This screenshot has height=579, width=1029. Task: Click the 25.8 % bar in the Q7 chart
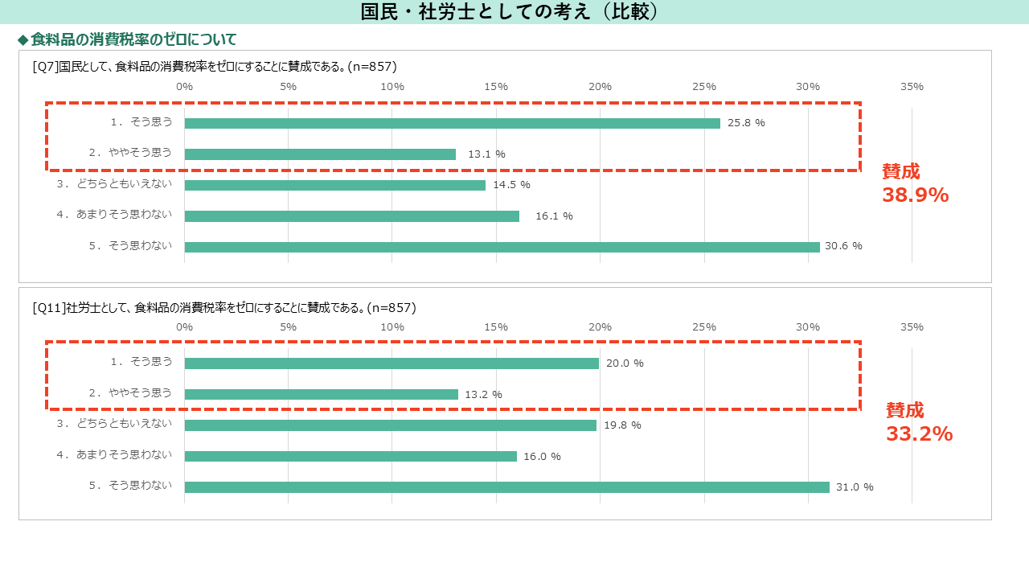453,123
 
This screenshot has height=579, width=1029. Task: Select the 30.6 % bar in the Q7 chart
502,247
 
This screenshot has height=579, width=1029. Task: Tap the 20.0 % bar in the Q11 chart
392,363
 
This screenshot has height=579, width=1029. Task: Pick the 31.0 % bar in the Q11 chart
507,487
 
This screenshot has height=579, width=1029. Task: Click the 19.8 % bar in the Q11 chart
391,425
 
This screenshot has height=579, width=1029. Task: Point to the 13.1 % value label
486,154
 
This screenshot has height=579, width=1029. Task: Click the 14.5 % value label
512,185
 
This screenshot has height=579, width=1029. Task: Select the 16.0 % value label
542,457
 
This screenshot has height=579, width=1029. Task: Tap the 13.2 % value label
483,395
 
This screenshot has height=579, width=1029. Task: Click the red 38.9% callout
915,195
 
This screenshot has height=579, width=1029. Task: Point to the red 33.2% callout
919,433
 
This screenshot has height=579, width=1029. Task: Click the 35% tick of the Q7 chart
912,87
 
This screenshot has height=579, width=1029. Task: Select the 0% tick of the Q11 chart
185,327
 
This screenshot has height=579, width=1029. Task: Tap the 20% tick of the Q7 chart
600,87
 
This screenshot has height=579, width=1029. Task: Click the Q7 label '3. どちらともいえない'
114,184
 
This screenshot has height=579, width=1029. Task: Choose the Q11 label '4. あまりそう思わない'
114,455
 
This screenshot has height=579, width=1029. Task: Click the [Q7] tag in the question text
46,67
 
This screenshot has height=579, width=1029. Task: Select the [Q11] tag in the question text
49,308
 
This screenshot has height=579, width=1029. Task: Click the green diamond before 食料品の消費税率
23,40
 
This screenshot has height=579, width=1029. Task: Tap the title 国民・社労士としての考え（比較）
510,12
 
